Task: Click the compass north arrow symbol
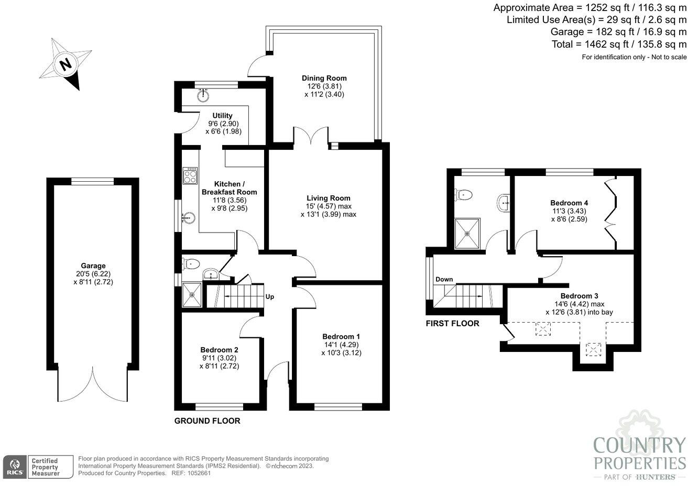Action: click(x=66, y=64)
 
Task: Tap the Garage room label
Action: click(x=93, y=266)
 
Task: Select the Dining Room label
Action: click(x=324, y=78)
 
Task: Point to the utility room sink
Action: click(x=203, y=95)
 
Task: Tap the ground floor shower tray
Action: click(x=192, y=294)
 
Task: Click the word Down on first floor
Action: click(x=444, y=279)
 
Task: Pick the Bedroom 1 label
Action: click(x=341, y=336)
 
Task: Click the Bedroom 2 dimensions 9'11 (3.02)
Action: click(x=219, y=358)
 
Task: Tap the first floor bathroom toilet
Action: click(x=464, y=195)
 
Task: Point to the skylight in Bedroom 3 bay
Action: click(x=594, y=349)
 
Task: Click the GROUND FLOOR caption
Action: click(x=207, y=421)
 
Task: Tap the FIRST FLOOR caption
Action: click(x=452, y=324)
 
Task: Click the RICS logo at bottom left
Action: click(x=14, y=466)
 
